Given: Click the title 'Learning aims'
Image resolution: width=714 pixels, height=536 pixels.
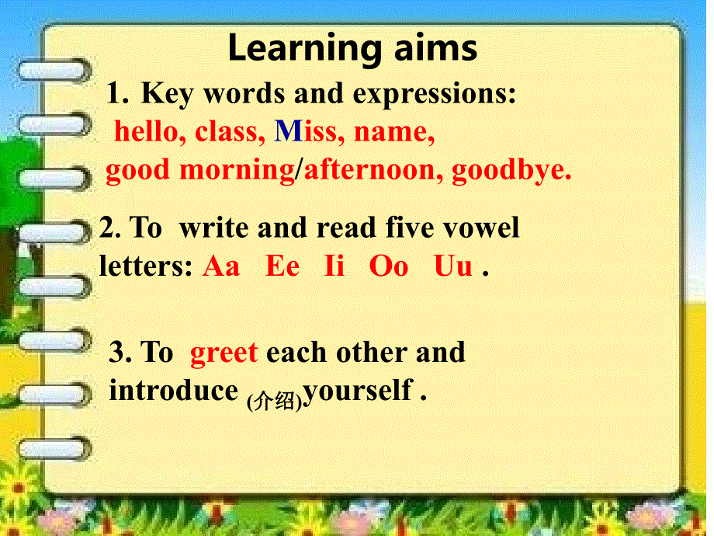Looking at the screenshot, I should click(x=352, y=48).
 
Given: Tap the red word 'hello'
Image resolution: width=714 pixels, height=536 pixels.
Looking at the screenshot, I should click(x=146, y=132).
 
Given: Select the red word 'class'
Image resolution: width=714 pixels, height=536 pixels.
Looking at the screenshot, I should click(x=226, y=132).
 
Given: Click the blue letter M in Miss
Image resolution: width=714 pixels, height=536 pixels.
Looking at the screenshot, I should click(x=288, y=132).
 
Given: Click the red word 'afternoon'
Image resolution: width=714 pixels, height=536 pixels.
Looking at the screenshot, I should click(x=369, y=170).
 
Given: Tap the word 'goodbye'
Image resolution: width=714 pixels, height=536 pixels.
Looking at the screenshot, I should click(x=510, y=171).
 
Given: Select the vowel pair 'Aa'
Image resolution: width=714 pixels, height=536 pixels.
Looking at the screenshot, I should click(x=222, y=266).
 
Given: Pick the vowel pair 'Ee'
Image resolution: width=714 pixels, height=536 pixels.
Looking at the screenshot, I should click(x=282, y=266).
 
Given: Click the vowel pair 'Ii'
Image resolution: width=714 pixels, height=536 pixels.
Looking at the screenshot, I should click(x=334, y=266).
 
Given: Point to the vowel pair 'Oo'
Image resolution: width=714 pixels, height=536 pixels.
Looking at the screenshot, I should click(x=389, y=266).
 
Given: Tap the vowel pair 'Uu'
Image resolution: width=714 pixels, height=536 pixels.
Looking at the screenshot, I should click(x=453, y=266).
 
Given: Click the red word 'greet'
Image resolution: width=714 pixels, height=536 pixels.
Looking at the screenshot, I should click(x=224, y=353).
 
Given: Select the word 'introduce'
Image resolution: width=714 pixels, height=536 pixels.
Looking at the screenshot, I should click(x=172, y=390).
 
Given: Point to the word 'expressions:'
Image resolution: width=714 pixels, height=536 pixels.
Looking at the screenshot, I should click(x=435, y=95).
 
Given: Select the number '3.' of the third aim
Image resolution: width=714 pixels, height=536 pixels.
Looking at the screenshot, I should click(x=120, y=353).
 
